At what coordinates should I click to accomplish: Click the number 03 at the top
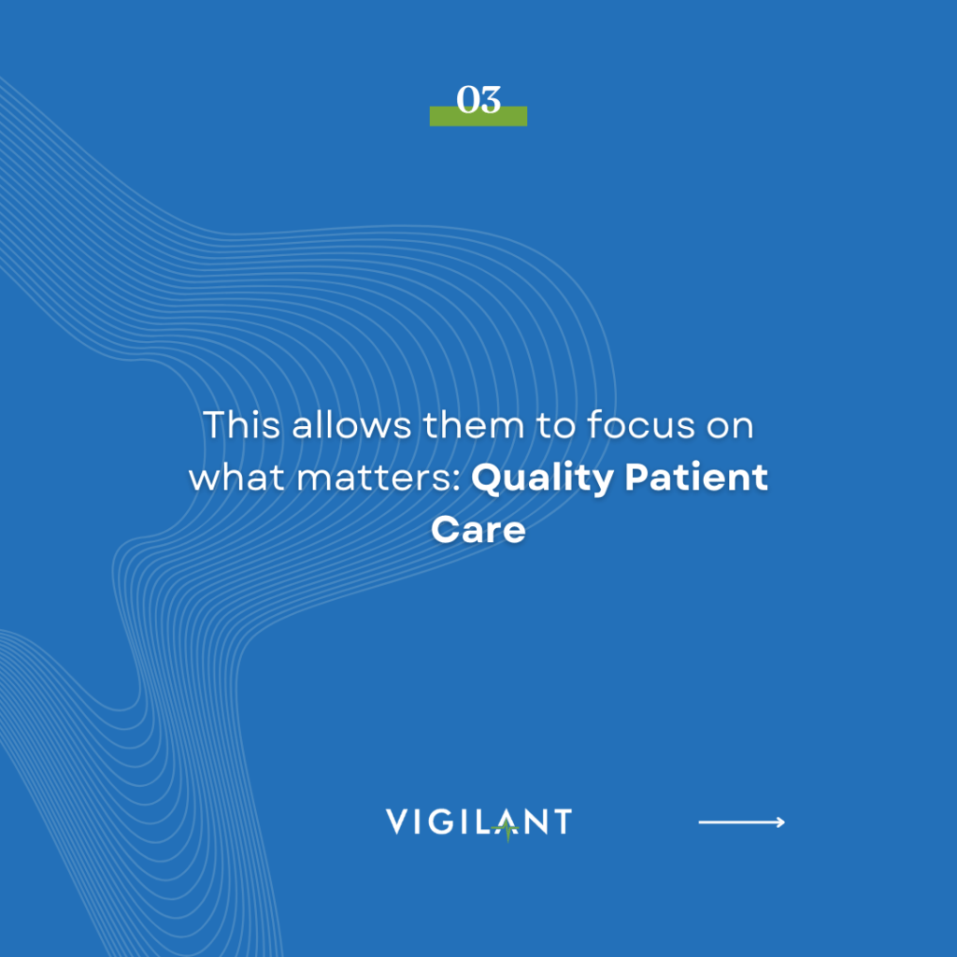478,100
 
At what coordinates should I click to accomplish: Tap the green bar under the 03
478,119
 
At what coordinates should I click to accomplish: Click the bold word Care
478,531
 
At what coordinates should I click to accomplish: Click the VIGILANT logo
478,822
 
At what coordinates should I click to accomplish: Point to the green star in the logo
507,827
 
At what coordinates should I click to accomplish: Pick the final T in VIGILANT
560,822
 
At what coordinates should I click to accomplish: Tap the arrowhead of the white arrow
780,822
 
